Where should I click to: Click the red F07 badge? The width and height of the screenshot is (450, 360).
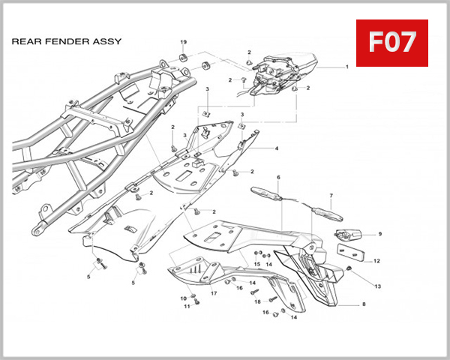[x=391, y=43]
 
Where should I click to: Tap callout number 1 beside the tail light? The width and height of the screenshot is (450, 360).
[x=347, y=67]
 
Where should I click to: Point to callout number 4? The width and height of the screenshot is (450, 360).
[x=276, y=148]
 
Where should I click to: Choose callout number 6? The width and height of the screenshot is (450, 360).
[x=278, y=177]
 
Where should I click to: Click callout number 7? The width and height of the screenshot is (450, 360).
[x=331, y=196]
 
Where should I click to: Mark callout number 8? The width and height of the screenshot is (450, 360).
[x=363, y=304]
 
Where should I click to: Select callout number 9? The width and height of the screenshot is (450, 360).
[x=379, y=234]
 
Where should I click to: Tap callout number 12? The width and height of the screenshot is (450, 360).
[x=376, y=261]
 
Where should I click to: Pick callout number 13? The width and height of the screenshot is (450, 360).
[x=377, y=286]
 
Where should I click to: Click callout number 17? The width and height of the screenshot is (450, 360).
[x=214, y=292]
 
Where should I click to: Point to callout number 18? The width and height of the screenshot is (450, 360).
[x=256, y=301]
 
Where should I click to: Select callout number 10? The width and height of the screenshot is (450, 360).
[x=183, y=298]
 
